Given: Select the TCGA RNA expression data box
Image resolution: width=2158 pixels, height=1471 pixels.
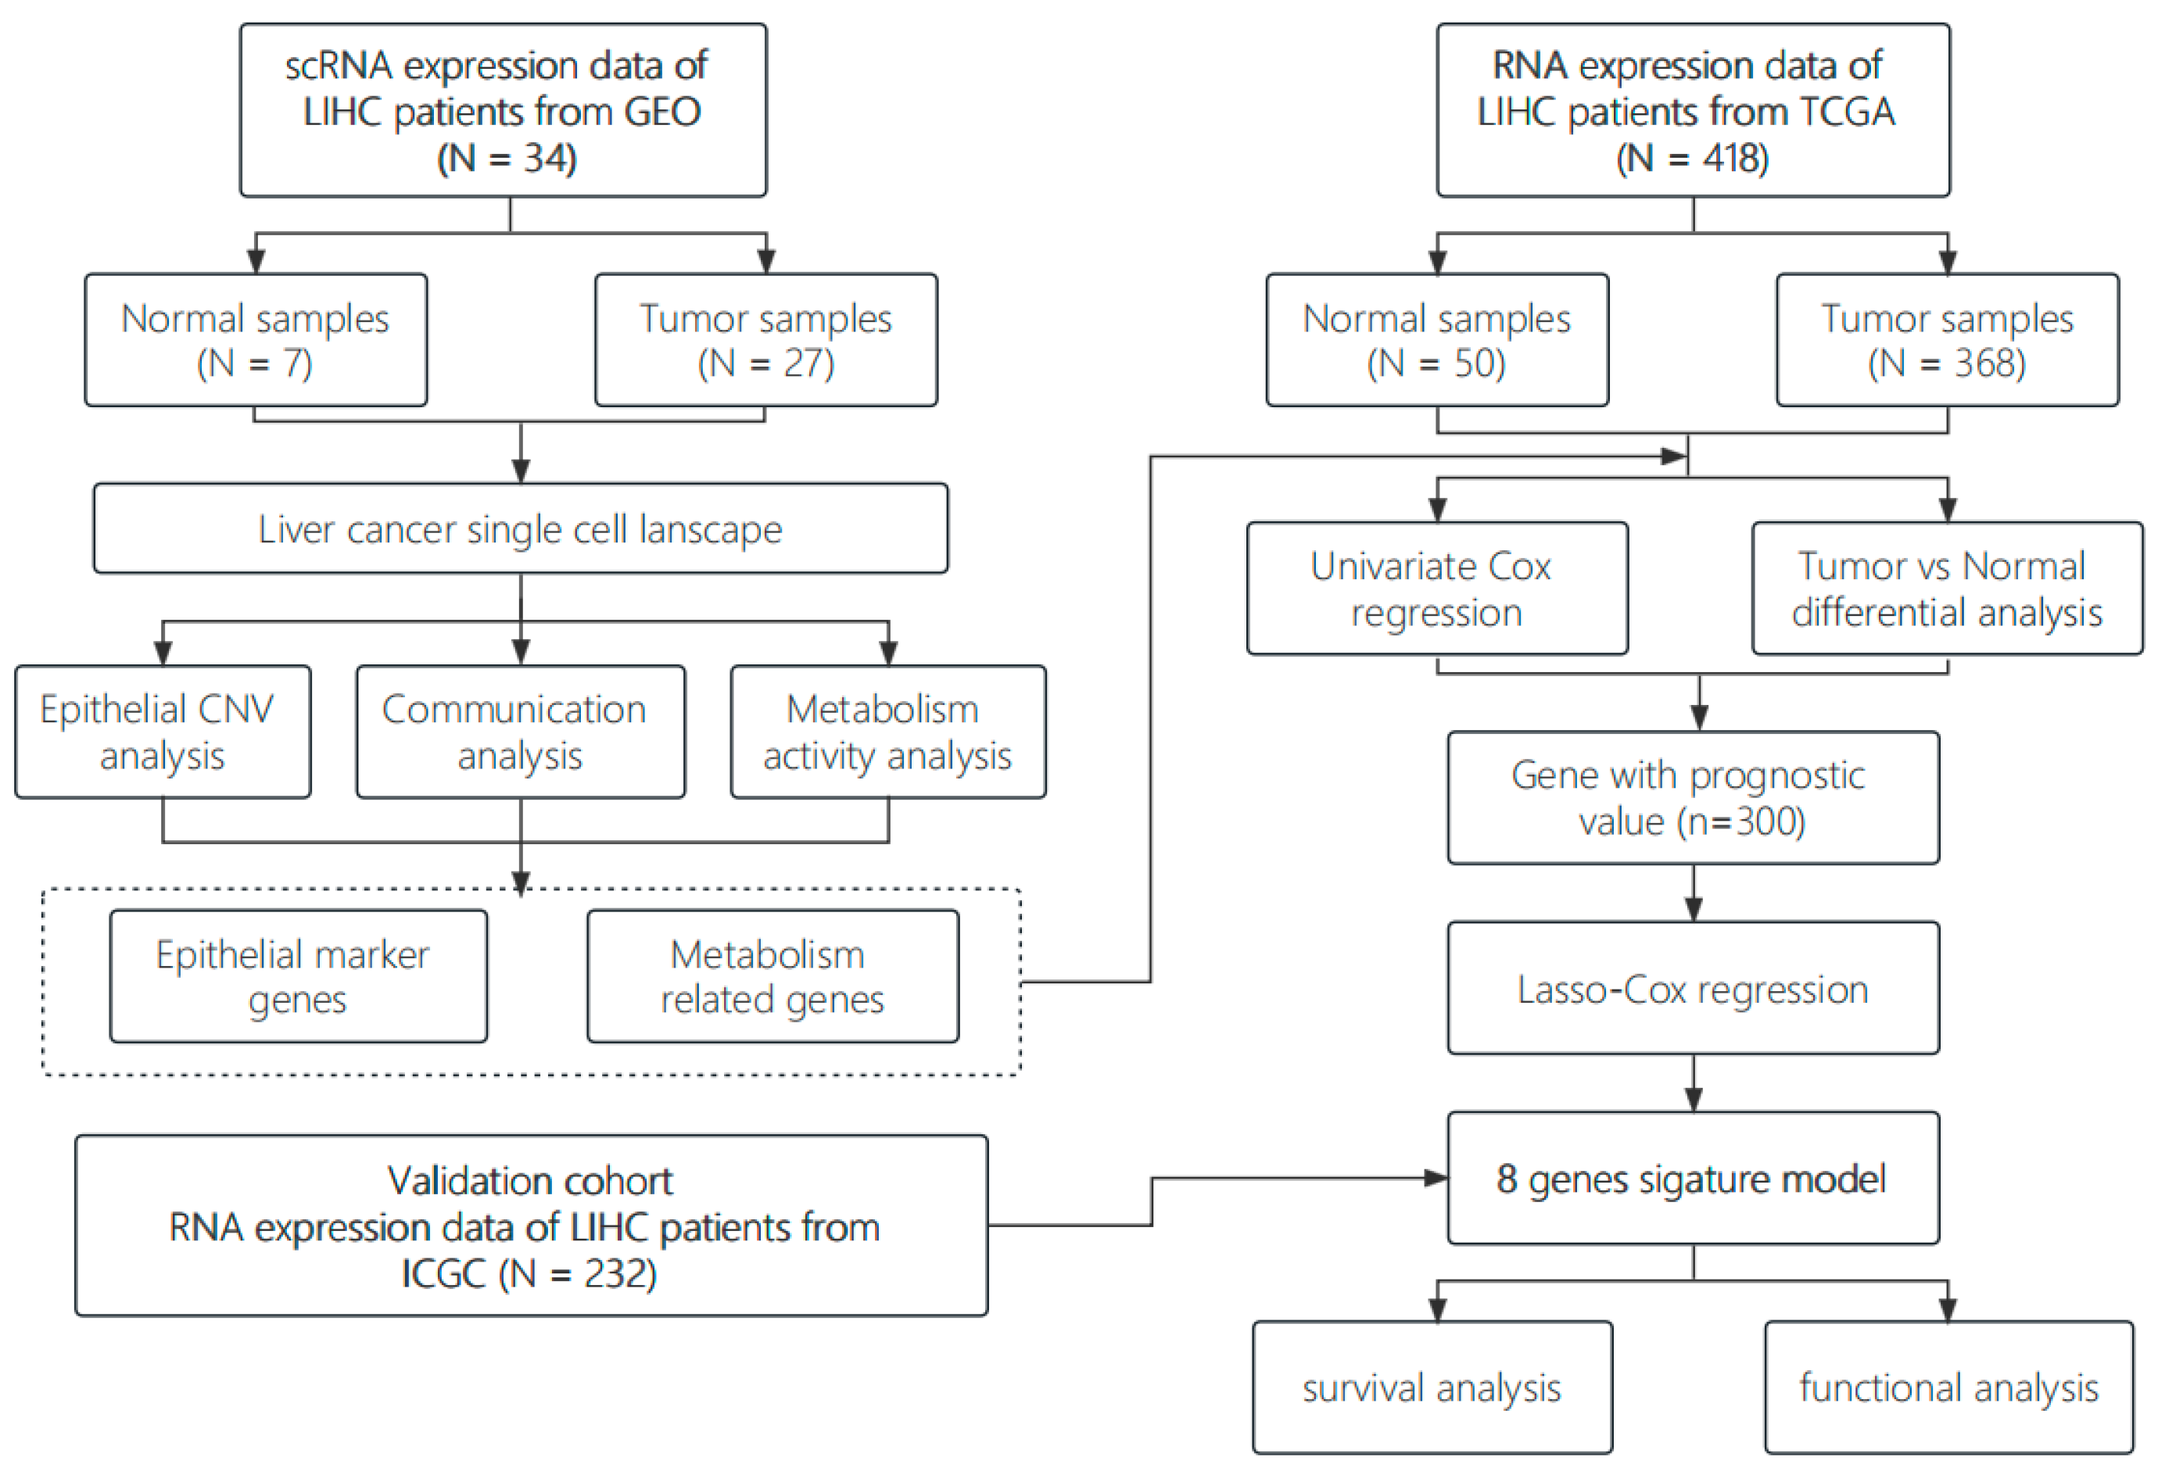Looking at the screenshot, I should click(1692, 110).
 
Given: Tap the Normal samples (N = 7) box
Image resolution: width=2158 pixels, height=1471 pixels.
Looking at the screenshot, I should click(256, 340).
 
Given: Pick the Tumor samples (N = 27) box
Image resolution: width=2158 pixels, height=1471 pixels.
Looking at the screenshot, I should click(765, 340).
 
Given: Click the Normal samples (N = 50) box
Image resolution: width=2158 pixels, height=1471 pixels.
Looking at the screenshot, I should click(1436, 340).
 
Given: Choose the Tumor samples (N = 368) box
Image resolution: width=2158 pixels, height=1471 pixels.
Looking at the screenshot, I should click(1946, 340).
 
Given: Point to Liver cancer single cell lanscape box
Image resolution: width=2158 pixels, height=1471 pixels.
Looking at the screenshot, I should click(520, 528).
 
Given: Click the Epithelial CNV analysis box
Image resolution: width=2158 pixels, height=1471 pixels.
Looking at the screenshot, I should click(163, 732).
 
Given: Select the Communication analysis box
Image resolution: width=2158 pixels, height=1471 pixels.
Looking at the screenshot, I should click(520, 732).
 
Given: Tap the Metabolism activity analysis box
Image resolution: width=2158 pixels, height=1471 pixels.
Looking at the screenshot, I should click(887, 732).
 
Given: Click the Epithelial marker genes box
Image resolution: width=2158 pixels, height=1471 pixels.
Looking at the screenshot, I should click(297, 975).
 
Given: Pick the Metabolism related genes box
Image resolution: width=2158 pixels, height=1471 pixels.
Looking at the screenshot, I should click(772, 975).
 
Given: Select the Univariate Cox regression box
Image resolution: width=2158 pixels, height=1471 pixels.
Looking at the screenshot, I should click(1436, 589).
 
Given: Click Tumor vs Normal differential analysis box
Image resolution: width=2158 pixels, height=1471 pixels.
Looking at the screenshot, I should click(1946, 589).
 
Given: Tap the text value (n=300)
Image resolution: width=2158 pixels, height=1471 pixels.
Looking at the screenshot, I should click(1692, 821).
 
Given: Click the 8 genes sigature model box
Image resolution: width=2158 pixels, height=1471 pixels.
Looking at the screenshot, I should click(1692, 1178).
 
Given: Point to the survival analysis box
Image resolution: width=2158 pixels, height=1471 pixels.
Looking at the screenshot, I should click(1431, 1387).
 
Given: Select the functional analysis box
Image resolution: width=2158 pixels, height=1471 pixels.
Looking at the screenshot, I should click(1948, 1387).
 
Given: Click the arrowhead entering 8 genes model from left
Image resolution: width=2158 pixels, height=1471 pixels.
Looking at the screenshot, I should click(1436, 1178).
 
